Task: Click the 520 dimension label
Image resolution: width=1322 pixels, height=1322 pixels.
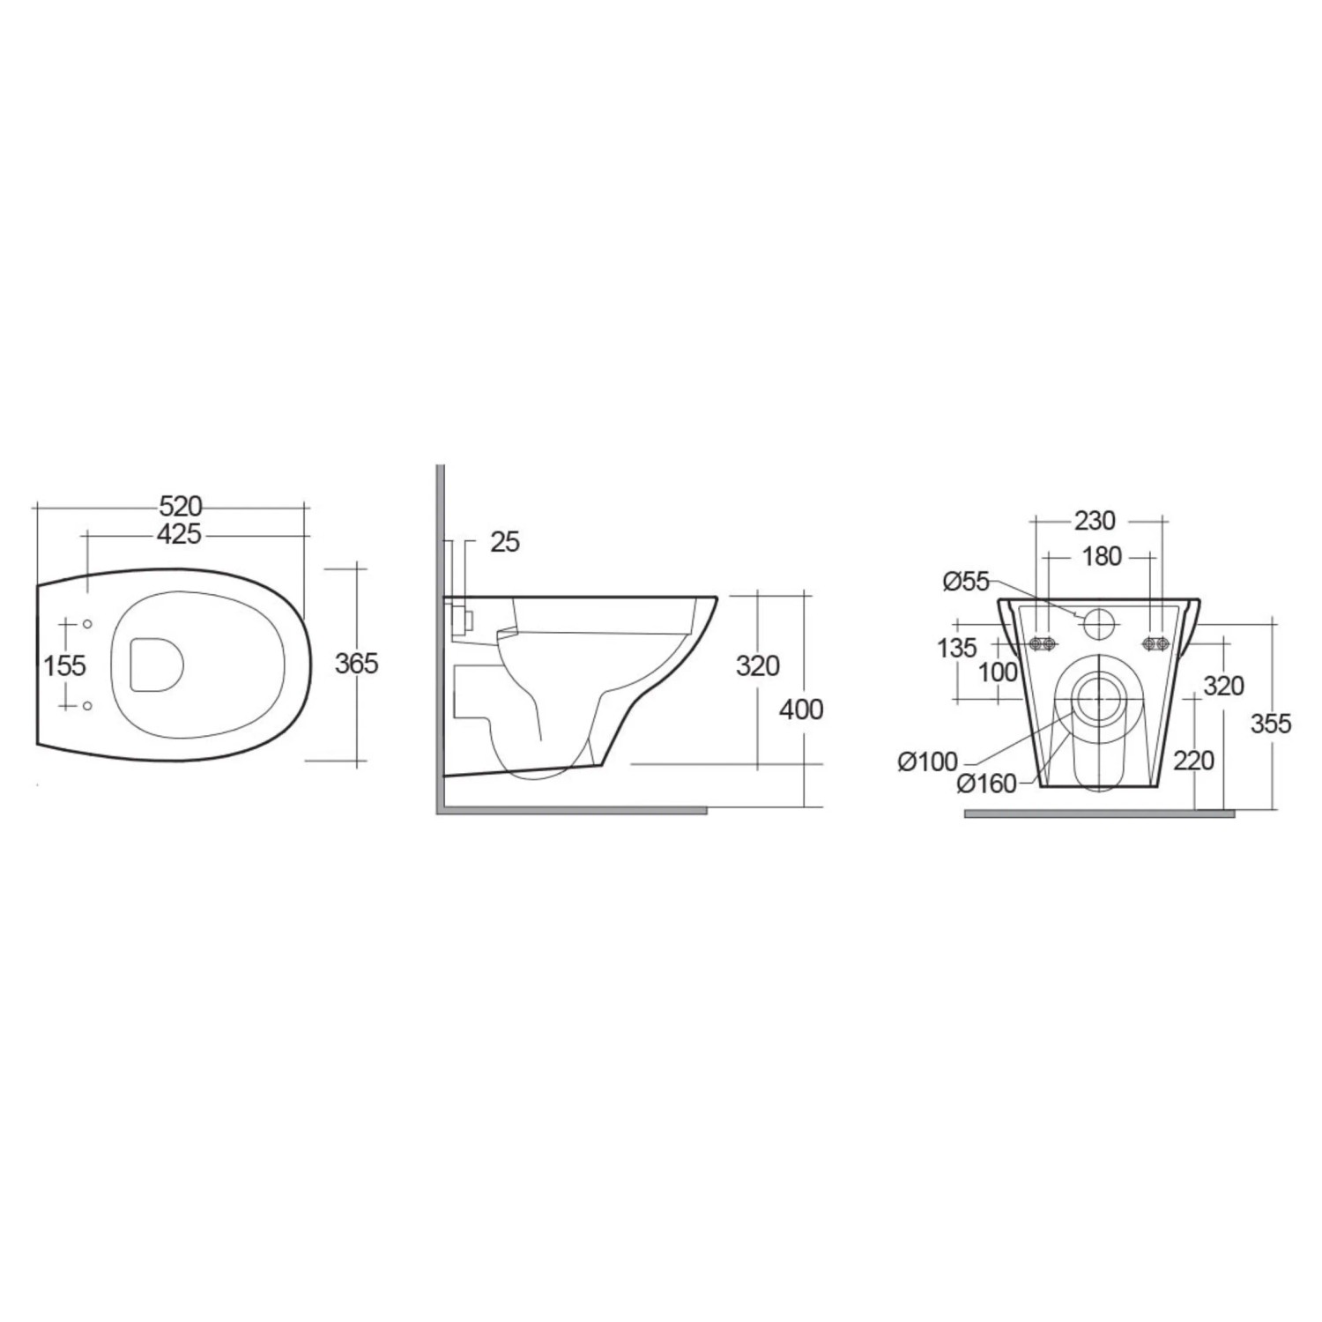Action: [x=181, y=506]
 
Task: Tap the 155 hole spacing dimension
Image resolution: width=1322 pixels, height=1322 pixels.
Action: [x=65, y=665]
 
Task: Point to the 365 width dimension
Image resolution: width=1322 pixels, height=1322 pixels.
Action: [x=356, y=663]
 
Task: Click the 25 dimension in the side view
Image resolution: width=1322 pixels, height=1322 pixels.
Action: [x=505, y=542]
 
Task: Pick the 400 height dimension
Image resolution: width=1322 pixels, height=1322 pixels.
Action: [x=802, y=709]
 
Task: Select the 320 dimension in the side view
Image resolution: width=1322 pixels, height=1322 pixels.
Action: [x=758, y=665]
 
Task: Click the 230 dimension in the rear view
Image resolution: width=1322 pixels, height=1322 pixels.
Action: [x=1095, y=521]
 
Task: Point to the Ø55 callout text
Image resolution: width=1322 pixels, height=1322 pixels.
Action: [x=966, y=582]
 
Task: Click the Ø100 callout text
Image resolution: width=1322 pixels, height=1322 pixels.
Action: [x=927, y=761]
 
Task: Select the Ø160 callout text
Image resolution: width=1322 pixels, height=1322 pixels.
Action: [x=986, y=784]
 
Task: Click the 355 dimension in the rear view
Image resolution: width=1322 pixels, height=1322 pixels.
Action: [x=1271, y=724]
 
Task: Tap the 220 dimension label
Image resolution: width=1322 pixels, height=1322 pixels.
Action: [x=1194, y=760]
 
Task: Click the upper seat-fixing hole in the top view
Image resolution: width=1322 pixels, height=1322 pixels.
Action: [x=87, y=625]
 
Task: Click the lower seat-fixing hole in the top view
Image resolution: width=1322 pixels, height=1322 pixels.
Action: [x=87, y=706]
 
